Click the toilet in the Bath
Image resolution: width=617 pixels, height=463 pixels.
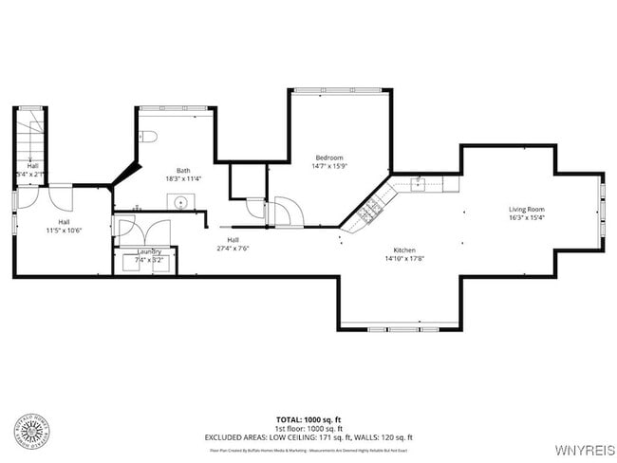point(148,137)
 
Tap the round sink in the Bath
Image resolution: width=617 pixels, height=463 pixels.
point(179,201)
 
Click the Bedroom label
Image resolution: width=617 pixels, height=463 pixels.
point(329,157)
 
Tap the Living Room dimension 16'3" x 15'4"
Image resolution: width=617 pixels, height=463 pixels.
point(526,217)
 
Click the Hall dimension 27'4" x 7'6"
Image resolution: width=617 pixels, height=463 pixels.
point(233,249)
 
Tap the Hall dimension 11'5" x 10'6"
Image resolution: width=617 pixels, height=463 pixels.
point(64,231)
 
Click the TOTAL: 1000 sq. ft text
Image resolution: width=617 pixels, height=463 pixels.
point(308,418)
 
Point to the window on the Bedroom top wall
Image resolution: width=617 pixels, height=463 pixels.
point(340,90)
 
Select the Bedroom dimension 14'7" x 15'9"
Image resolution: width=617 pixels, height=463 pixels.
point(329,166)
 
